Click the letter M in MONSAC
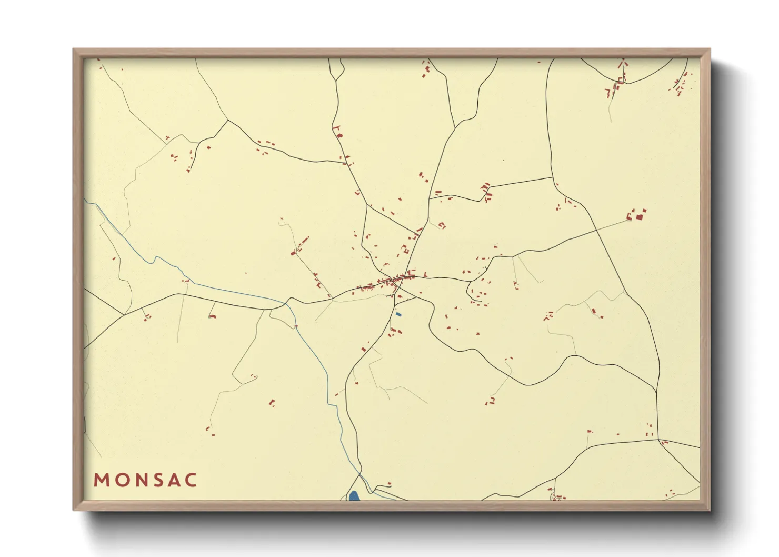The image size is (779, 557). [101, 480]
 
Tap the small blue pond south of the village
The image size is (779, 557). [398, 314]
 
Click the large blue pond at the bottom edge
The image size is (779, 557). [354, 496]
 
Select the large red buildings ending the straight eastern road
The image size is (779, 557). [638, 215]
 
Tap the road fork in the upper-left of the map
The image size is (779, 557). [228, 121]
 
